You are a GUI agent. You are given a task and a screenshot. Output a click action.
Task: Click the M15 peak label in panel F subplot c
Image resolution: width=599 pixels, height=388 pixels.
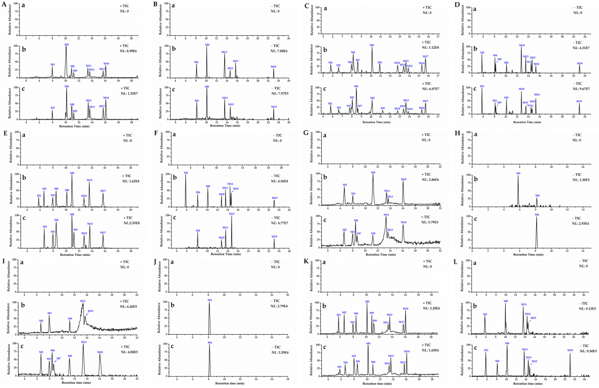232,214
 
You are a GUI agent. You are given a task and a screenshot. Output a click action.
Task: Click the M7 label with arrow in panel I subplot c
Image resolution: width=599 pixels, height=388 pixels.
59,358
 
